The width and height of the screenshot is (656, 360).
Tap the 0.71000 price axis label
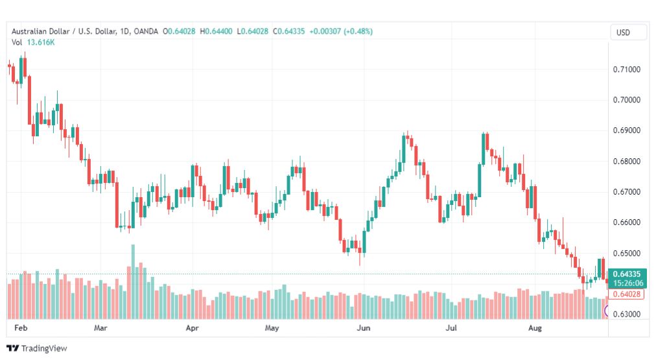point(627,69)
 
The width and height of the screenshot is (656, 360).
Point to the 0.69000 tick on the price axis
point(627,130)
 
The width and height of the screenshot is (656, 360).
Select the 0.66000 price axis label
point(627,222)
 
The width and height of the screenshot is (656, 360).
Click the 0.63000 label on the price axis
point(627,314)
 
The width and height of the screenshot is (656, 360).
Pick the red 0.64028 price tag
point(627,294)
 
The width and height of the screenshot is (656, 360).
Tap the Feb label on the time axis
point(21,328)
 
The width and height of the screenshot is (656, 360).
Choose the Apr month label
point(192,328)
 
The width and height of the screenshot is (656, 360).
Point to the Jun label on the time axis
point(364,328)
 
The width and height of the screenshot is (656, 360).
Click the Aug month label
point(535,328)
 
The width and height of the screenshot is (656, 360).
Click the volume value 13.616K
point(41,42)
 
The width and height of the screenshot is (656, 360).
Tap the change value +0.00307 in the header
point(325,31)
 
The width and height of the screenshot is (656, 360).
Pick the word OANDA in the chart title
point(146,31)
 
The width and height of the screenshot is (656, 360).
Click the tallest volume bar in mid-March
point(133,282)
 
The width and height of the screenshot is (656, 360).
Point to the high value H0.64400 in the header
point(217,31)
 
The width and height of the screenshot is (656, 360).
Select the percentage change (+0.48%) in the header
point(358,31)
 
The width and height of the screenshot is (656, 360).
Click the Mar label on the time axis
point(100,328)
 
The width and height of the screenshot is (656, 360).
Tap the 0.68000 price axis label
point(627,161)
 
